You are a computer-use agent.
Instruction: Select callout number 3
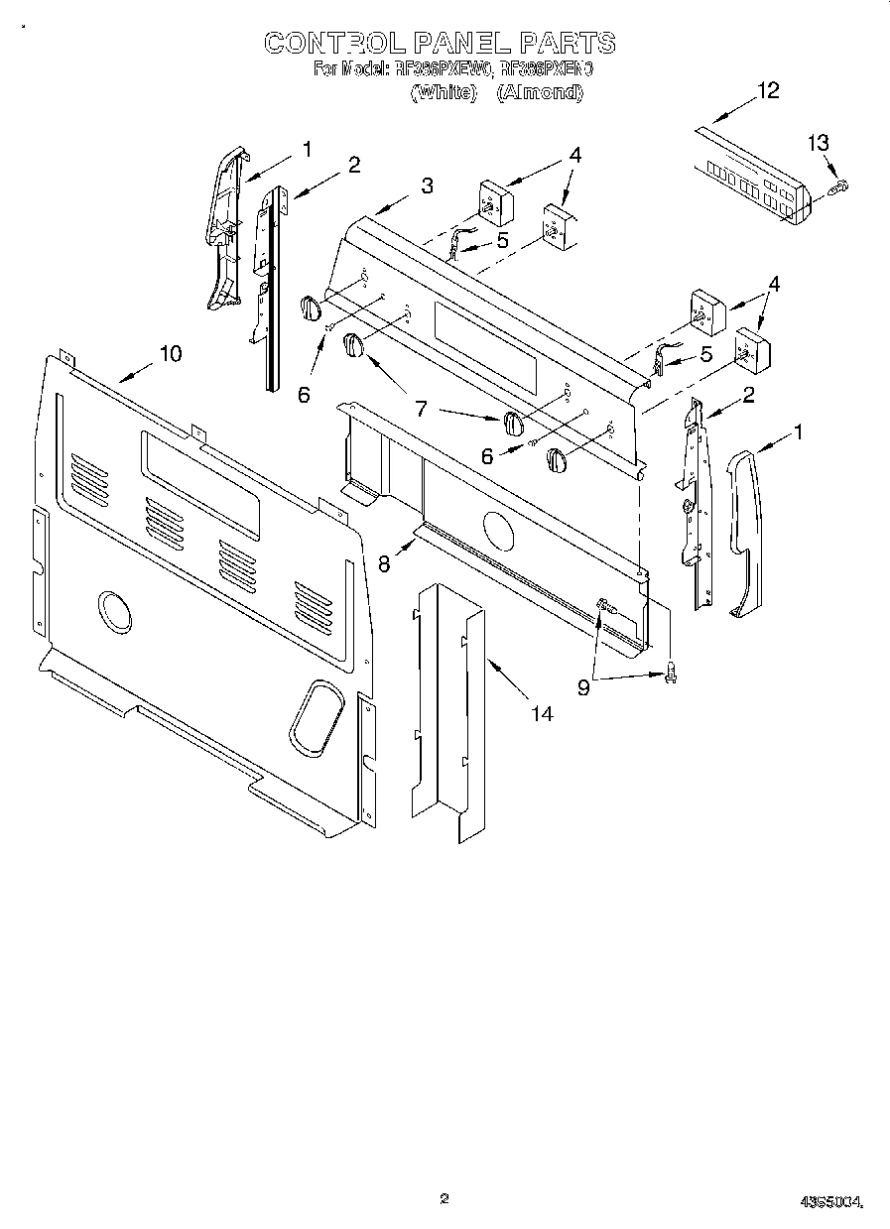[x=426, y=185]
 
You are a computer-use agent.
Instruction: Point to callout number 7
[x=420, y=407]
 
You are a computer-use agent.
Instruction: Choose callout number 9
[x=583, y=685]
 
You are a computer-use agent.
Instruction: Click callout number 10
[x=171, y=353]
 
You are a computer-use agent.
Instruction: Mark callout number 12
[x=768, y=91]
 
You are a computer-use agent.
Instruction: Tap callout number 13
[x=818, y=144]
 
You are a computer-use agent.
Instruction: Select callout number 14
[x=542, y=712]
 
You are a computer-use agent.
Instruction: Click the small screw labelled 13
[x=839, y=184]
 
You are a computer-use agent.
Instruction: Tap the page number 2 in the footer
[x=445, y=1199]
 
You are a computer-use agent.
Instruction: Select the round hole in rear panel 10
[x=116, y=611]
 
